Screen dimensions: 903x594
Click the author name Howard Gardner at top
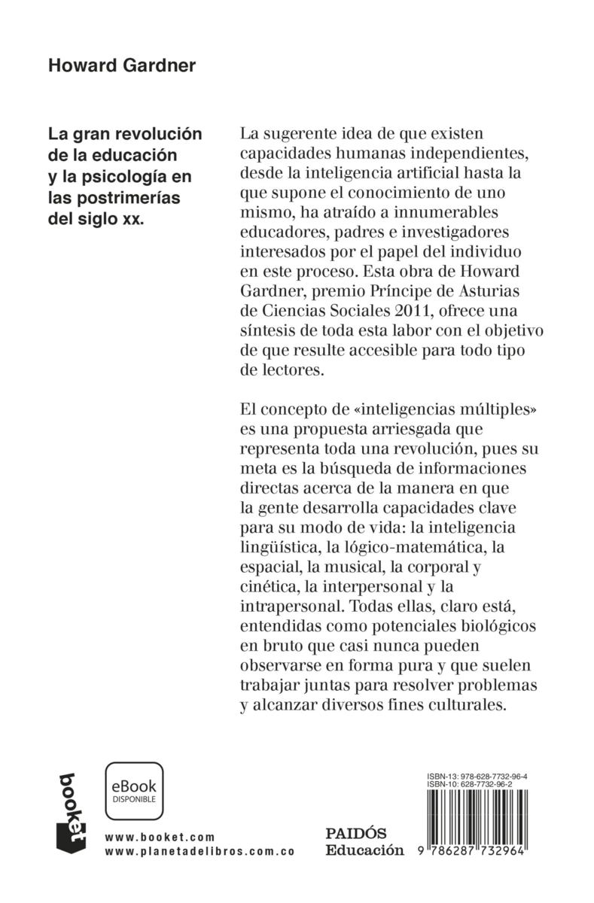[x=121, y=65]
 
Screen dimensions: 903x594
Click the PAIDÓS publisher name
[x=355, y=834]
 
